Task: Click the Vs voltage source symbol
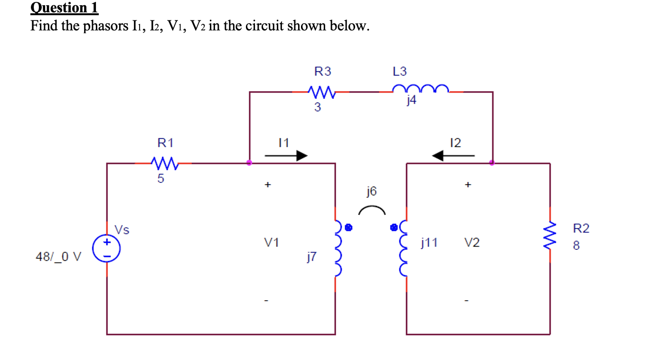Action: [106, 249]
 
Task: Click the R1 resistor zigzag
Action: [164, 163]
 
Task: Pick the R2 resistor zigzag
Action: [550, 237]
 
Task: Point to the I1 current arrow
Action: [286, 155]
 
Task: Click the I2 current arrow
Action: [453, 155]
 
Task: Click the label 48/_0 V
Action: [58, 257]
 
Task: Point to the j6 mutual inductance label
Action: [371, 191]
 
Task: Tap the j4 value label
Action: [411, 101]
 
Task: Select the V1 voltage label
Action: [272, 243]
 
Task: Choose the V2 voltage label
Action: [472, 243]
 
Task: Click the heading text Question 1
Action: [64, 8]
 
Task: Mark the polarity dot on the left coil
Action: [348, 227]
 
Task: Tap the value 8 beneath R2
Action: [575, 246]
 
